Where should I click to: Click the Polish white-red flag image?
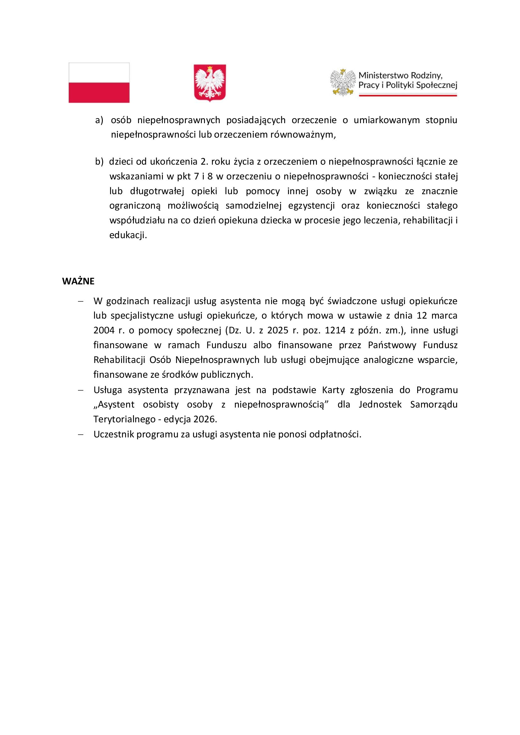tap(99, 83)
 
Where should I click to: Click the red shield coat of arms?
tap(210, 83)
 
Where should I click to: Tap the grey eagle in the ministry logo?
tap(343, 82)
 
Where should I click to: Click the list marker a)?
tap(99, 120)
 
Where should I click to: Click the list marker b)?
tap(99, 162)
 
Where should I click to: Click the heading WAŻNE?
tap(78, 281)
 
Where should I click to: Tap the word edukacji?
tap(128, 235)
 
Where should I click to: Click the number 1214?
tap(335, 330)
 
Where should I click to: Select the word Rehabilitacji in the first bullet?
tap(119, 360)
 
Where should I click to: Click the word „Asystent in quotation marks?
tap(114, 405)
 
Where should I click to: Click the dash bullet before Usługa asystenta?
tap(80, 390)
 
